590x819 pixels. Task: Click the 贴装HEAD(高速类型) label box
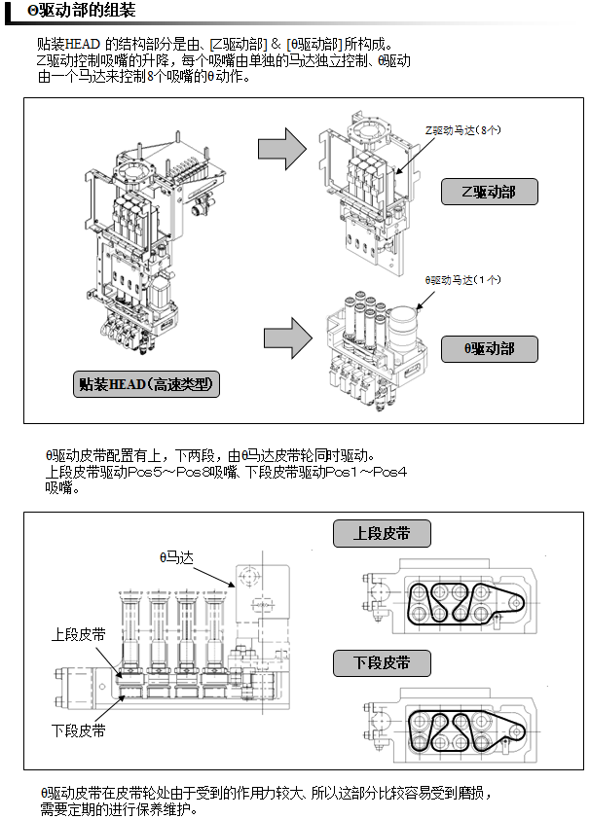[146, 384]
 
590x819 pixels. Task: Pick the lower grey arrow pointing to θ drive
[287, 338]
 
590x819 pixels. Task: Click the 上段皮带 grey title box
[381, 534]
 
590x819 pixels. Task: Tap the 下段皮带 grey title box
[381, 664]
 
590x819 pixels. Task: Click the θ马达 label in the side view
[178, 557]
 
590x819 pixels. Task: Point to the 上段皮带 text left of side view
[79, 634]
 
